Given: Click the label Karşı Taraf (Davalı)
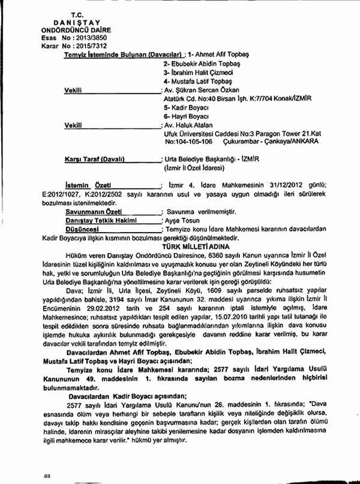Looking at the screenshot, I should click(94, 160).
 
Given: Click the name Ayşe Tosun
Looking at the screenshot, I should click(182, 221).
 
